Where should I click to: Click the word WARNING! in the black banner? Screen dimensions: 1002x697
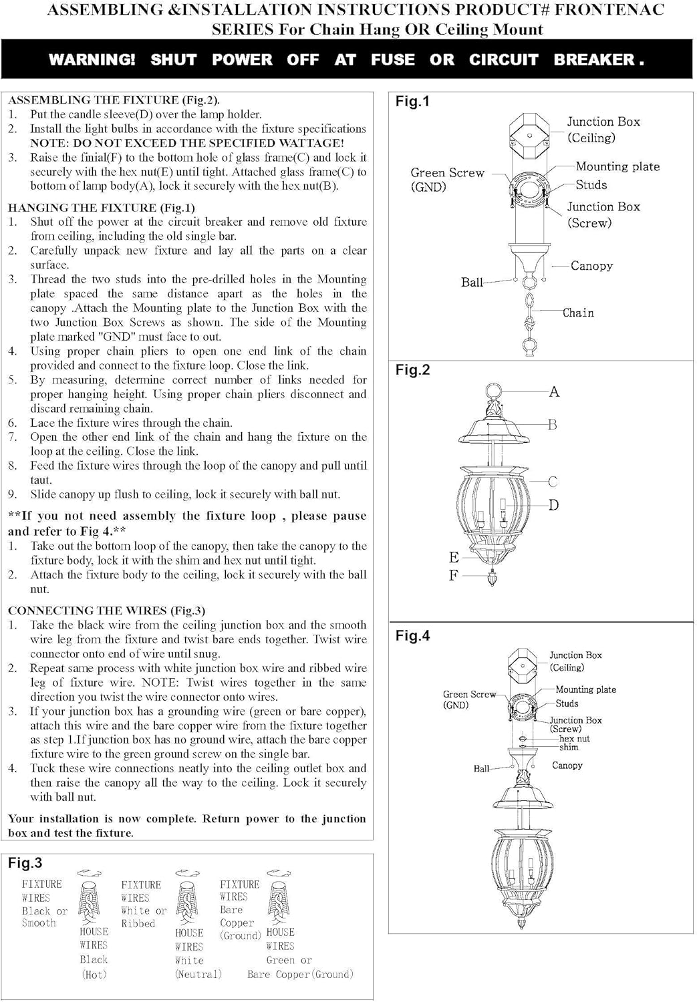point(92,59)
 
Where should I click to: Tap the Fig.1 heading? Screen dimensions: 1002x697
point(412,102)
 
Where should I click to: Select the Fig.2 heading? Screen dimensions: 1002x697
point(412,370)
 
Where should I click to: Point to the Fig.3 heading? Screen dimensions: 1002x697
point(25,863)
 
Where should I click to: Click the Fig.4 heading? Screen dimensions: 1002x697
point(412,636)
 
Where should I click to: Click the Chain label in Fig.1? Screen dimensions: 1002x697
point(578,313)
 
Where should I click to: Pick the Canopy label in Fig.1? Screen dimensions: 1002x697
point(591,266)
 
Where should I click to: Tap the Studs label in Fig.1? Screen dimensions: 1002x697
point(591,185)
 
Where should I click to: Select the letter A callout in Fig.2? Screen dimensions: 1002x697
point(554,392)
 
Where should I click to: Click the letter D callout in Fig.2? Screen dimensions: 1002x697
point(554,505)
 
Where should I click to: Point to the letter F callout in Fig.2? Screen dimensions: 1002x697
point(454,575)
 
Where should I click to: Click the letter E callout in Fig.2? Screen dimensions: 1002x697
point(454,557)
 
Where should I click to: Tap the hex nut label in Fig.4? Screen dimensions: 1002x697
point(574,739)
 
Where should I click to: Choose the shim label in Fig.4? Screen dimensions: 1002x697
point(569,747)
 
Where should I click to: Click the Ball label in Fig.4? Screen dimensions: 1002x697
point(481,769)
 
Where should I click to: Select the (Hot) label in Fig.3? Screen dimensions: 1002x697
point(94,975)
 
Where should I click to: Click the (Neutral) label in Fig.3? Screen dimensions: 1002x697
point(198,975)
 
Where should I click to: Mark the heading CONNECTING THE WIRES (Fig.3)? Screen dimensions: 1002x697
point(107,611)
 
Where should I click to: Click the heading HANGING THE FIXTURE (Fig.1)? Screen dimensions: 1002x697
point(102,208)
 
